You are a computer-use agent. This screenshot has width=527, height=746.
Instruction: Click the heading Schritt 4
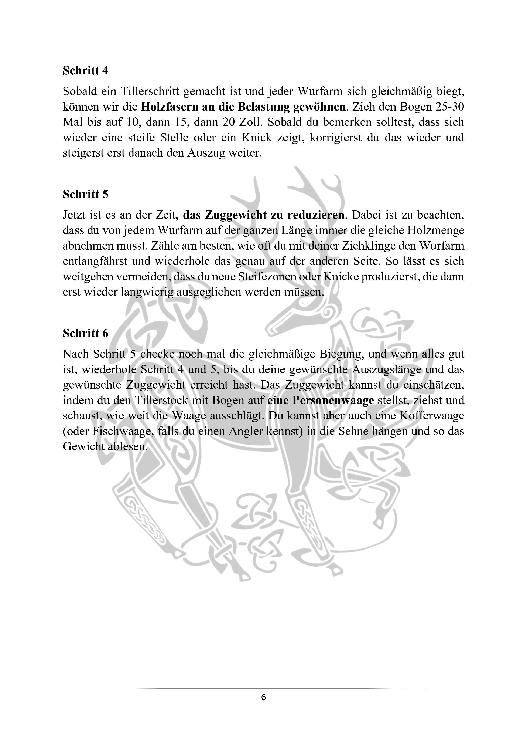click(85, 71)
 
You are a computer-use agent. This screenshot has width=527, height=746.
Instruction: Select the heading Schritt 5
click(85, 194)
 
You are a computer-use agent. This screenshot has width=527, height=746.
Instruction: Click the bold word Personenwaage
click(333, 400)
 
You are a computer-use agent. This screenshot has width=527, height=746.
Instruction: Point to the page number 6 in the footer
click(263, 698)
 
